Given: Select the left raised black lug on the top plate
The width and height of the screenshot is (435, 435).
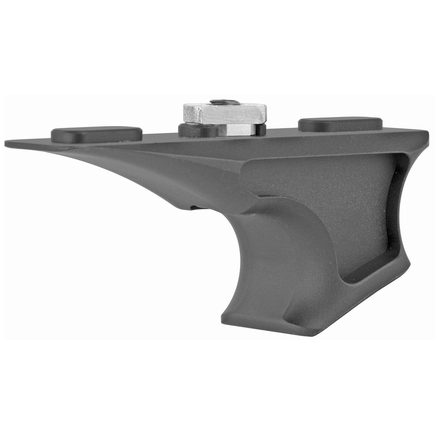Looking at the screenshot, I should (96, 135).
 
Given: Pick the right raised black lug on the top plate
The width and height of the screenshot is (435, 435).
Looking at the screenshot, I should (340, 124).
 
